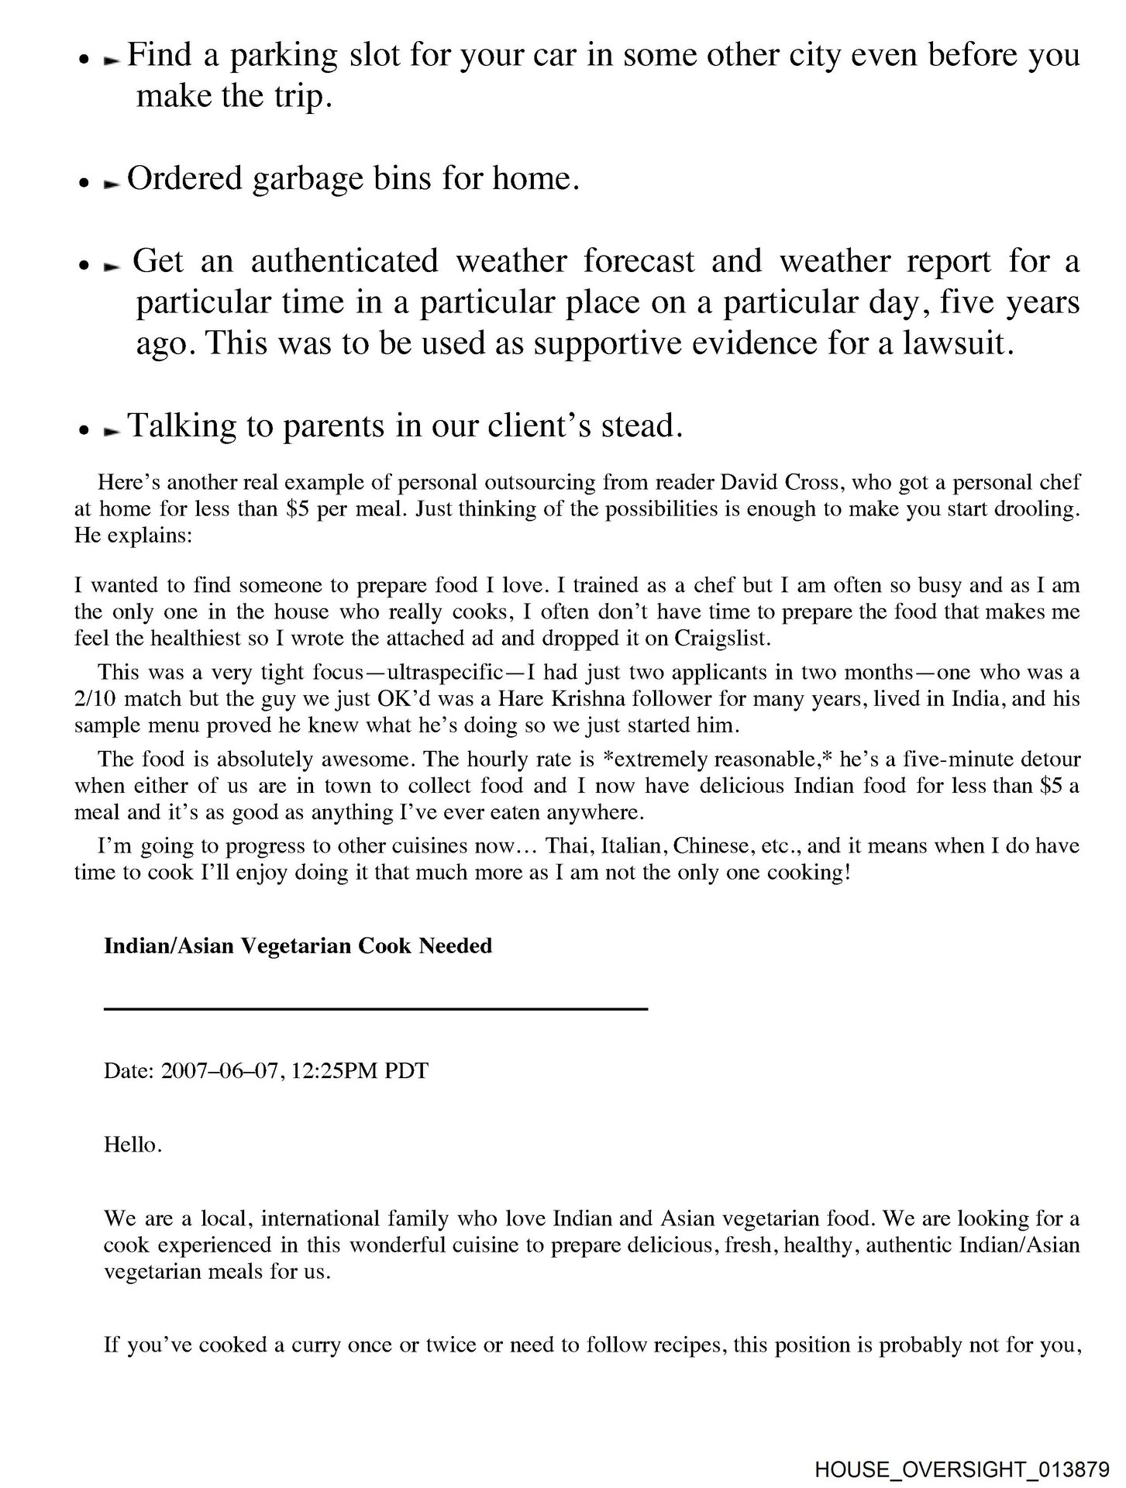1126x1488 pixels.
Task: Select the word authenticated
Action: click(344, 261)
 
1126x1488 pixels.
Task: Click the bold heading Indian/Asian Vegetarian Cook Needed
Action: click(298, 946)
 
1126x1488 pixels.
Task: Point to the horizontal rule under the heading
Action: click(376, 1008)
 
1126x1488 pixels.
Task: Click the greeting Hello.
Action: click(133, 1145)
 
